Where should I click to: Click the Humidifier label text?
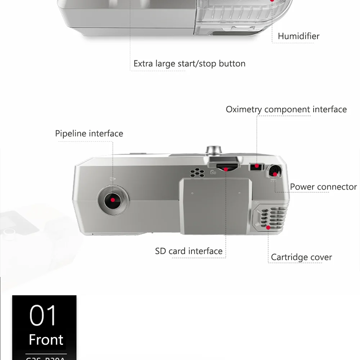(298, 36)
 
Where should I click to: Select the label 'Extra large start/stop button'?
(189, 64)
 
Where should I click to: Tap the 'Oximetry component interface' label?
(286, 109)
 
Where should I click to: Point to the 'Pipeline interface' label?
(89, 134)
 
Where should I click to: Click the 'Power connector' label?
(323, 187)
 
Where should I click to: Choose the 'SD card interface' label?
(189, 251)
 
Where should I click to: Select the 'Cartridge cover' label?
(301, 257)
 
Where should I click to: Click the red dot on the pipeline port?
(113, 200)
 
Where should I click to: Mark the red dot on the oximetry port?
(257, 166)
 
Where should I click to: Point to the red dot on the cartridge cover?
(268, 228)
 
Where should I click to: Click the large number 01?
(43, 316)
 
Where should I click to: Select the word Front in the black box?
(46, 339)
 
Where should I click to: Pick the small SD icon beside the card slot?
(213, 172)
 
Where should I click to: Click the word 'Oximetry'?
(244, 109)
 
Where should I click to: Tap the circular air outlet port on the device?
(113, 200)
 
